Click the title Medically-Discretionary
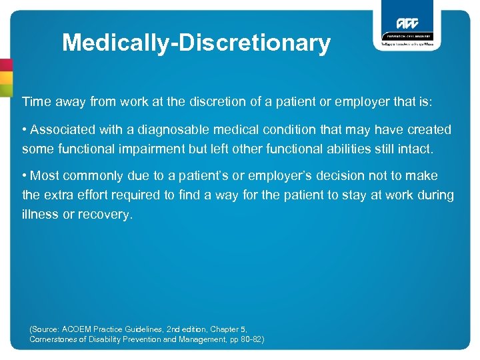196,43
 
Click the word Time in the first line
36,102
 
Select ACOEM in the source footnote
81,329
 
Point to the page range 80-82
250,339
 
